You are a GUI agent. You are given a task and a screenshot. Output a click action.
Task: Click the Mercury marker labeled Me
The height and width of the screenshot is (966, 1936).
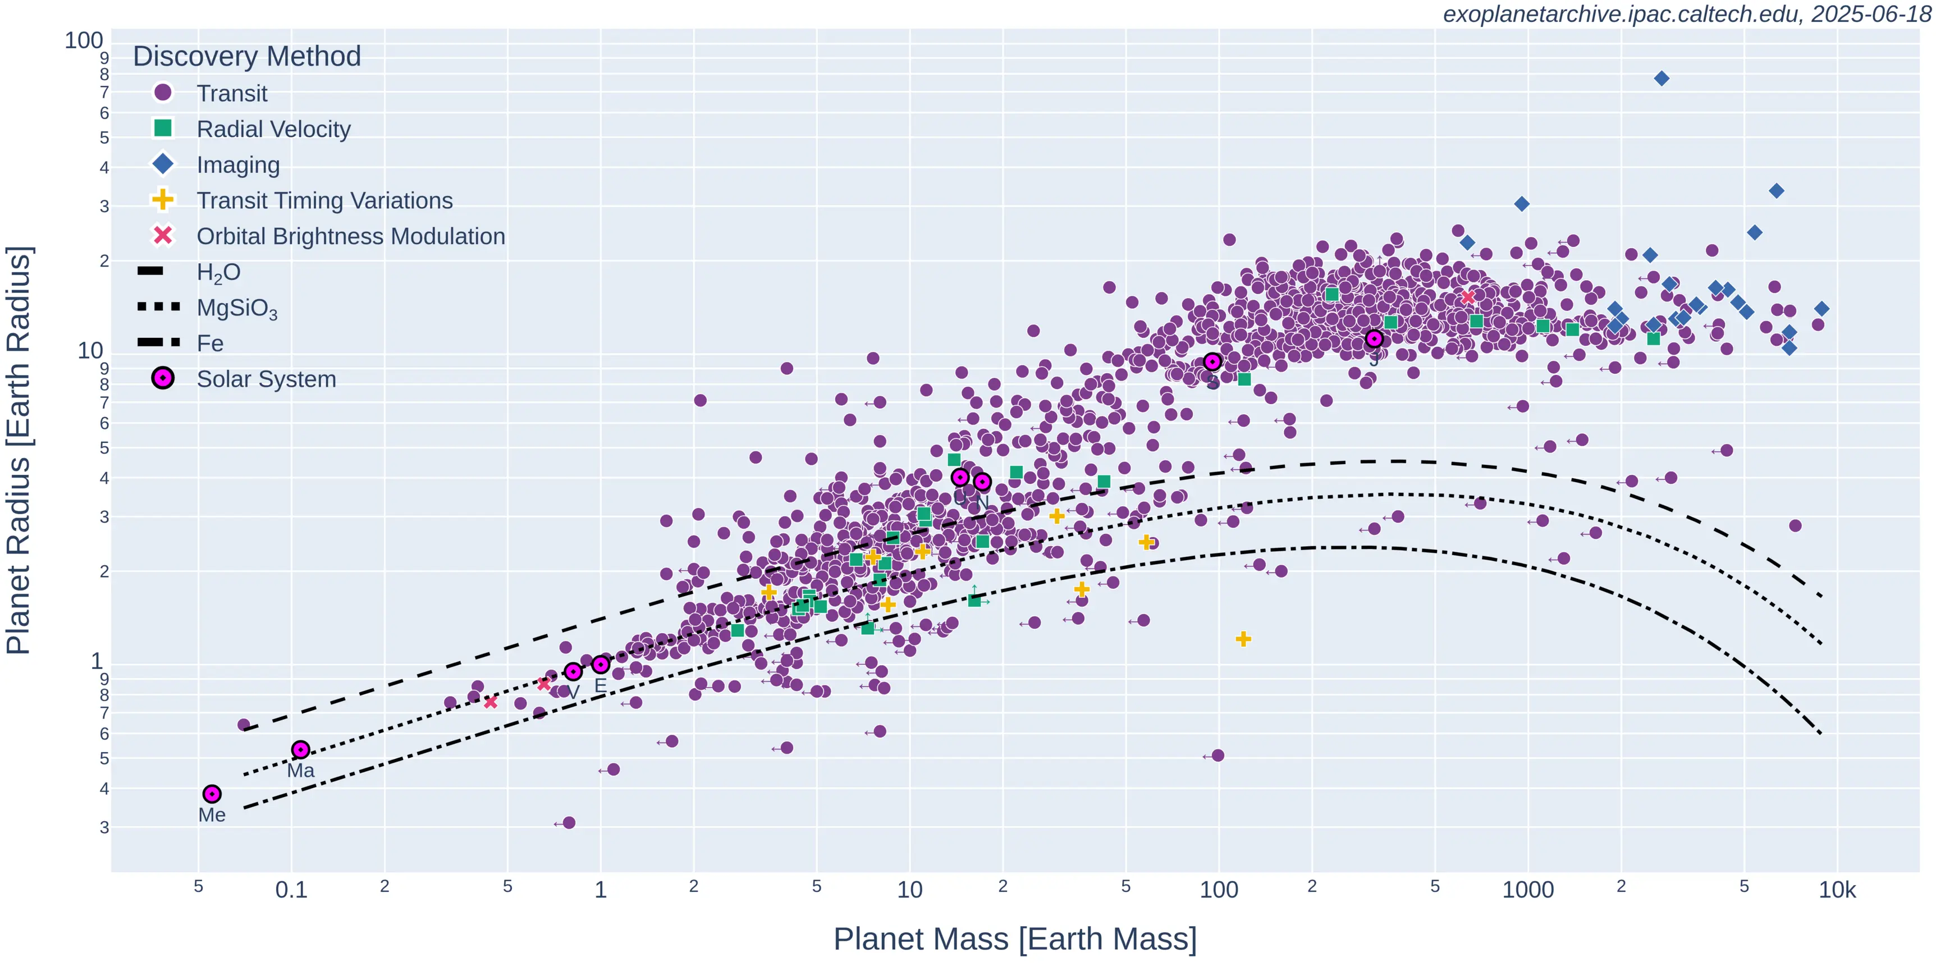(x=212, y=794)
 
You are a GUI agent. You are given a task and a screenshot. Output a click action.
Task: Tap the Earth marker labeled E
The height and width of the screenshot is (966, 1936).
(x=601, y=665)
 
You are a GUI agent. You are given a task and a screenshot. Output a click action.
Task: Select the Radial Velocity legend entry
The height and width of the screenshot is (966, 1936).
(x=273, y=129)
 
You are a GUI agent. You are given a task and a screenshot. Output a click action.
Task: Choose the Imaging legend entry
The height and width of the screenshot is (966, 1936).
(x=237, y=164)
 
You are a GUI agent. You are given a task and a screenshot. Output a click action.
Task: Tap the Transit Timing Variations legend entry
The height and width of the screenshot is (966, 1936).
(x=324, y=201)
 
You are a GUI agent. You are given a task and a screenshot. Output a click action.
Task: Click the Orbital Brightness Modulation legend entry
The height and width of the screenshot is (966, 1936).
(x=350, y=236)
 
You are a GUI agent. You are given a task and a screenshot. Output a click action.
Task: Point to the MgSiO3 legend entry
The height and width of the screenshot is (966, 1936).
(x=237, y=308)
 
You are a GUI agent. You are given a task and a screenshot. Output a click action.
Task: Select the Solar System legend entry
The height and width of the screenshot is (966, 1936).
(x=266, y=379)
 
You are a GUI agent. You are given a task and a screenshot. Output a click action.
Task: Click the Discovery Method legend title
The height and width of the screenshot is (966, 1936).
(x=246, y=56)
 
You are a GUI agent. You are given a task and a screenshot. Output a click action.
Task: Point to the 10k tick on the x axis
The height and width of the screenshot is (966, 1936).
(x=1837, y=890)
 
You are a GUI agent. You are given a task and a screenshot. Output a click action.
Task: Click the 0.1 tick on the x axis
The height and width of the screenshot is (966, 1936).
(x=291, y=890)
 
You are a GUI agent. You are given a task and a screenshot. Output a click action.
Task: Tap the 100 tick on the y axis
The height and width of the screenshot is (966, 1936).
(x=84, y=40)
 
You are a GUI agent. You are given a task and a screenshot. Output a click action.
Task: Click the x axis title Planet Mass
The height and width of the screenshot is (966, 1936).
(x=1015, y=939)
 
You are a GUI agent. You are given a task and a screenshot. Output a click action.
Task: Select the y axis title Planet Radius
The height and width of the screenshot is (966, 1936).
(x=18, y=450)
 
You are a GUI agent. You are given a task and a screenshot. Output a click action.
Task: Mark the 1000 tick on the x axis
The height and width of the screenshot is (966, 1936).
(x=1528, y=890)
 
